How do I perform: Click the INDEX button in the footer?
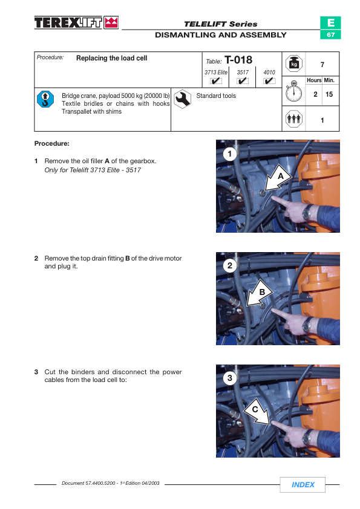303,484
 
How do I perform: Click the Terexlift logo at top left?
76,23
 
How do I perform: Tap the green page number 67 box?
330,34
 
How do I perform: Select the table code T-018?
238,60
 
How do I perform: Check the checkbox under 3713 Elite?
216,81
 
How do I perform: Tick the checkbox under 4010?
269,81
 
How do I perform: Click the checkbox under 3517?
243,81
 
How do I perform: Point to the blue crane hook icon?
45,99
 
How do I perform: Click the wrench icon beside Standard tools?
182,99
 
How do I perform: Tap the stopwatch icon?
293,91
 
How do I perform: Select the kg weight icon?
293,63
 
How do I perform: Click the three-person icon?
293,119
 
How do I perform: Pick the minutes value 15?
329,94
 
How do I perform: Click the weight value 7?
322,65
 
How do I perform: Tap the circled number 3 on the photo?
230,378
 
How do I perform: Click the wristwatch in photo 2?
307,325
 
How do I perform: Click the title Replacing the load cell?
111,58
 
